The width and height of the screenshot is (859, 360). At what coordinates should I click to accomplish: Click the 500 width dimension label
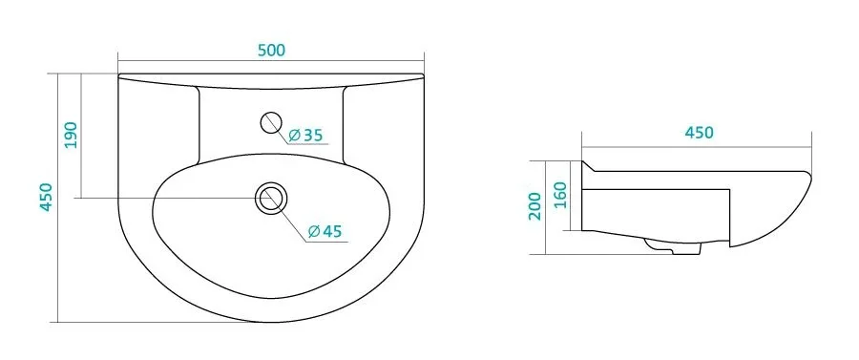tap(271, 50)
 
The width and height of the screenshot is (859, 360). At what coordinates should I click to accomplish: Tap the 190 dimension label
tap(72, 135)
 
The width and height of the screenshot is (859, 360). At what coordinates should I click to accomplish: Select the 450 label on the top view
tap(46, 197)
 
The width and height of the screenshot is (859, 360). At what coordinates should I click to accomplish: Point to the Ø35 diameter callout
tap(305, 135)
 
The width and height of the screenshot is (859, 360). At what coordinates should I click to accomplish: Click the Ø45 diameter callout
tap(325, 231)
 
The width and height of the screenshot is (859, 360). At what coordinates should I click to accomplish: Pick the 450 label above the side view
tap(699, 133)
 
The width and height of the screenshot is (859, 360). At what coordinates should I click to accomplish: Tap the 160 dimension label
tap(561, 195)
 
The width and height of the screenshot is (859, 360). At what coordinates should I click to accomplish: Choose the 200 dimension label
tap(534, 206)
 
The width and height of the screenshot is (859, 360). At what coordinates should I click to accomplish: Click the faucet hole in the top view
tap(271, 123)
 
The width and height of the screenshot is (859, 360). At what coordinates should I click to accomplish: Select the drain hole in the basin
tap(271, 198)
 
